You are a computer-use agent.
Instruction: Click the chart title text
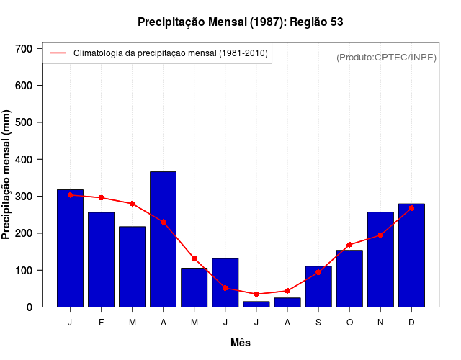(x=241, y=22)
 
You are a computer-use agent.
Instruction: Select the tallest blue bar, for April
(x=164, y=239)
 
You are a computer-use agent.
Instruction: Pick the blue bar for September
(x=318, y=287)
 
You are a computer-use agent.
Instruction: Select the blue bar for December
(x=411, y=256)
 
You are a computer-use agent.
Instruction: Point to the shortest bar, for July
(x=256, y=304)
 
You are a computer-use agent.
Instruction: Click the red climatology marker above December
(x=411, y=208)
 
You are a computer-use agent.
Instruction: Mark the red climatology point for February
(x=102, y=197)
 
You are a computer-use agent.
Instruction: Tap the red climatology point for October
(x=349, y=245)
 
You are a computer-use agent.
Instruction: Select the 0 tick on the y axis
(x=30, y=307)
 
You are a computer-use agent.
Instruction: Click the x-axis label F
(x=102, y=323)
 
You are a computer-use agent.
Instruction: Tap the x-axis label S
(x=318, y=323)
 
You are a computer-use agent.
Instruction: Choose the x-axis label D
(x=411, y=323)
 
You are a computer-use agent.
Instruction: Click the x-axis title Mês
(x=241, y=343)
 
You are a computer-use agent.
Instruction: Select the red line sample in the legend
(x=58, y=53)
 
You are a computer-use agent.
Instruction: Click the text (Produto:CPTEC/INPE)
(x=386, y=57)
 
